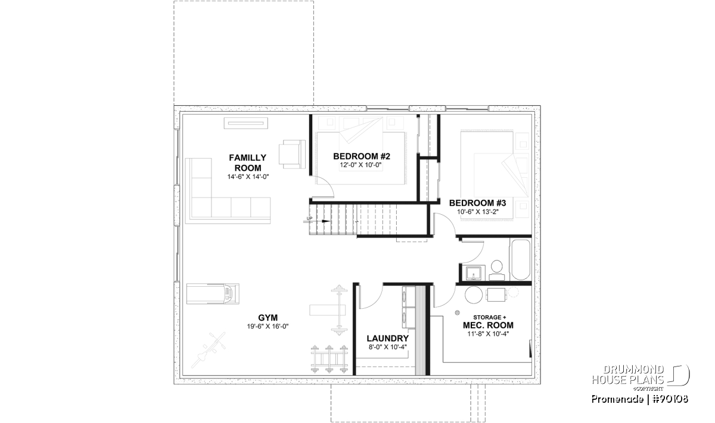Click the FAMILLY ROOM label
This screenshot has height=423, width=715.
coord(248,163)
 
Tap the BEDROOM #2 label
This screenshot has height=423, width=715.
coord(362,156)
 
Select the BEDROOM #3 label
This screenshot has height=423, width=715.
coord(477,203)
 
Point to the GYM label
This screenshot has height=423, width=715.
coord(268,318)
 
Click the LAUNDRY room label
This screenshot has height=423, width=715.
coord(387,339)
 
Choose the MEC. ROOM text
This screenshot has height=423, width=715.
coord(488,325)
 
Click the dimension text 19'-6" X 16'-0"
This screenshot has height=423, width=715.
coord(268,327)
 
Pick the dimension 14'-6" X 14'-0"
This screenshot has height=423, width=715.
coord(248,177)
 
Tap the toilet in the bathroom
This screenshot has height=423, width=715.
coord(496,270)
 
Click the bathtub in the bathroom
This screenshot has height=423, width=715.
coord(520,260)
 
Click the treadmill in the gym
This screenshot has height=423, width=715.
coord(213,293)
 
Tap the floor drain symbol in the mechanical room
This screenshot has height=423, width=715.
coord(458,313)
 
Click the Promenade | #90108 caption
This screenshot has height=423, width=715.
coord(639,399)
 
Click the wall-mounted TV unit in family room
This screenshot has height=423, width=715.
coord(245,123)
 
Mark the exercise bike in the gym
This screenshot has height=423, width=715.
coord(209,350)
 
